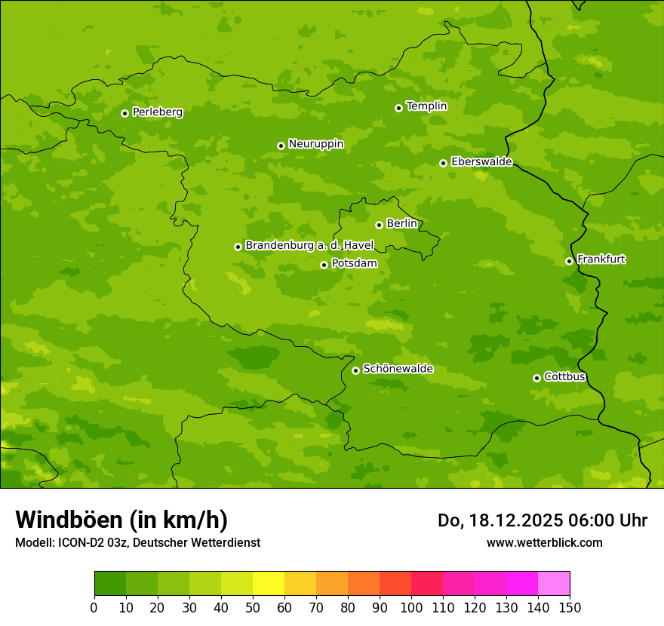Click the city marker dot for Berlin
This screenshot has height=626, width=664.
point(379,225)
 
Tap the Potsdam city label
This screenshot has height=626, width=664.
point(354,263)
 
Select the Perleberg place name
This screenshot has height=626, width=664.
point(157,112)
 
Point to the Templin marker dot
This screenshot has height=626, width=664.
point(398,108)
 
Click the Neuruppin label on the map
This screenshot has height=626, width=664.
point(315,144)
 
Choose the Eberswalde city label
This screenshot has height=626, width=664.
point(481,162)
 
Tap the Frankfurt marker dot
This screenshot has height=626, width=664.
point(569,261)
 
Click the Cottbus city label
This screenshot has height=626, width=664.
point(564,377)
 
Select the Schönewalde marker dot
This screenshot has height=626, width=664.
point(355,370)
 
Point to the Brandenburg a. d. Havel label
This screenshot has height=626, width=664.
point(309,246)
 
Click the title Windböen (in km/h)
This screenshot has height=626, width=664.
point(121,520)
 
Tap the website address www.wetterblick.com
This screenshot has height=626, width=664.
point(544,542)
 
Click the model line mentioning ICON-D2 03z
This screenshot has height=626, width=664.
point(137,542)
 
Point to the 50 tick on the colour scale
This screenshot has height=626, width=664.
point(253,607)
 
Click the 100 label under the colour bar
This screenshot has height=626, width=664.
point(411,607)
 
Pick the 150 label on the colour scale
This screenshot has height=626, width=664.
point(570,607)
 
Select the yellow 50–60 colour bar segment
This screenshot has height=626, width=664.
point(269,584)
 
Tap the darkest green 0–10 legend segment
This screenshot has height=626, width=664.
point(110,584)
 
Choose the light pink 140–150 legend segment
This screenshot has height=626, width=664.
point(554,584)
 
